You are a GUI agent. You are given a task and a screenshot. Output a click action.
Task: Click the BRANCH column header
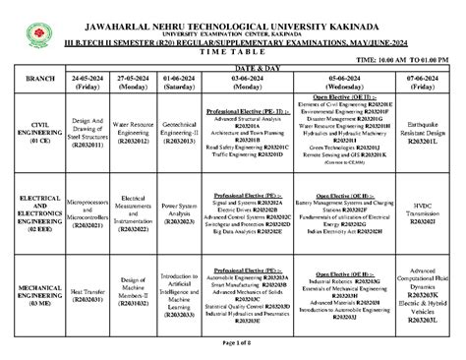pyautogui.click(x=40, y=77)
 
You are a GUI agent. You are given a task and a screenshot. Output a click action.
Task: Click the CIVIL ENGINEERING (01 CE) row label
pyautogui.click(x=40, y=133)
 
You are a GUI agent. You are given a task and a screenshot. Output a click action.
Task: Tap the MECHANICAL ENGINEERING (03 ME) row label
pyautogui.click(x=40, y=296)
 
